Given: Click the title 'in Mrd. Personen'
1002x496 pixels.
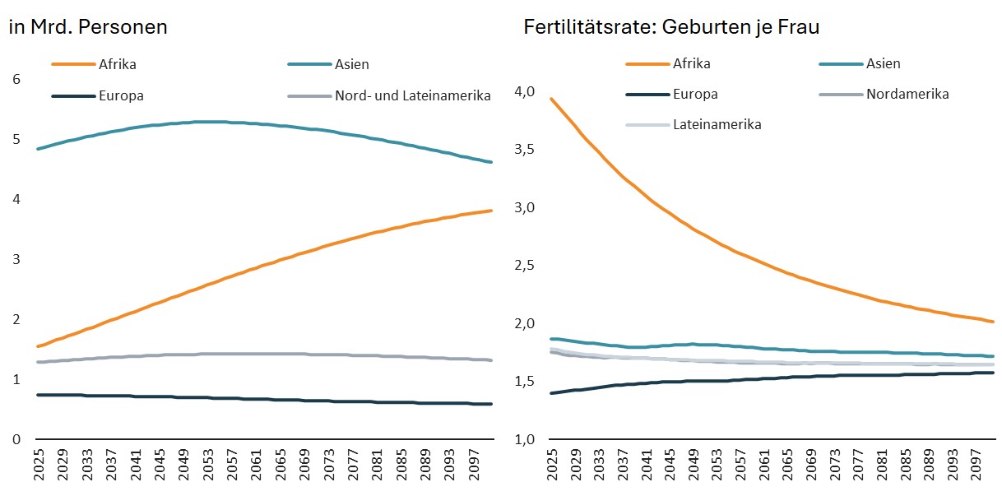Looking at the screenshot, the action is coord(88,27).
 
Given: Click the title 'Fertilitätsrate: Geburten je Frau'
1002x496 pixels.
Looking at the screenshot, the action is coord(671,27).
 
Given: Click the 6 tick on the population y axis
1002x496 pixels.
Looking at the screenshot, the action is coord(16,80).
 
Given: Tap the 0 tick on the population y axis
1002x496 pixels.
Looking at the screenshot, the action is coord(16,439).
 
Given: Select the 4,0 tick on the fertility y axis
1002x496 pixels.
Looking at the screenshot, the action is coord(525,92).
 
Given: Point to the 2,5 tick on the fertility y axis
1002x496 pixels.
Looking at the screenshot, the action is coord(525,266).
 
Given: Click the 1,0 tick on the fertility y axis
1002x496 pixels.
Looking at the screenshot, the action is coord(525,439).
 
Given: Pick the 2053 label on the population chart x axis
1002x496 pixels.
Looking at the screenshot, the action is coord(208,465).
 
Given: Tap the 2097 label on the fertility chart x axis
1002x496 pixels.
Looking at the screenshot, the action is coord(976,465).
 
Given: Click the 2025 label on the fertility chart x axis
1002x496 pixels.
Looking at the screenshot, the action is coord(553,465).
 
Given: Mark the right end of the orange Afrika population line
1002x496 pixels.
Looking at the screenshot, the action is coord(492,211).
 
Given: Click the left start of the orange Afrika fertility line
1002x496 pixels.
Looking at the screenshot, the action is coord(551,99).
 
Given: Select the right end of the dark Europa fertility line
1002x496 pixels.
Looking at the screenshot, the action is coord(993,373).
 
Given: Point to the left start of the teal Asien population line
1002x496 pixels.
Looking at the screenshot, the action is coord(37,149).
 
